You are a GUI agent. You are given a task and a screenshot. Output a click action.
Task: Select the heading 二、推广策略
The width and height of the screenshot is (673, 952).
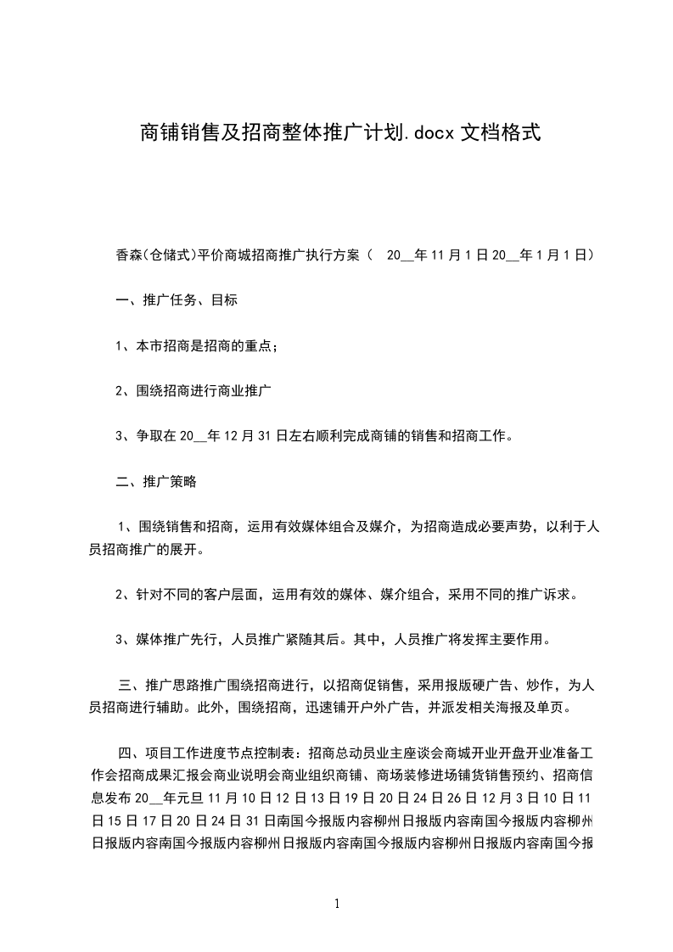coord(156,482)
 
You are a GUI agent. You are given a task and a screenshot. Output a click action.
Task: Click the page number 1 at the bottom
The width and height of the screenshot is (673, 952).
coord(337,904)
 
